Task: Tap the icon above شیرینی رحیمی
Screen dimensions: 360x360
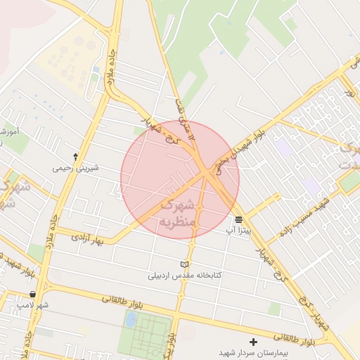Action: pos(75,156)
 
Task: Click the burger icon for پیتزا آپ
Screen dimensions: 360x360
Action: pos(240,219)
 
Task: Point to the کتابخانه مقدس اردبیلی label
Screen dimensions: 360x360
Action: pos(184,275)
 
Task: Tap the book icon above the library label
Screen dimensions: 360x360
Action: pos(184,264)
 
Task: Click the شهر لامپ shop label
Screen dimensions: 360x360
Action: pos(33,305)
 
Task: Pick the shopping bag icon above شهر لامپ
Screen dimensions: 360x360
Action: pos(33,295)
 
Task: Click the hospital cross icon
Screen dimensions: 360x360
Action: pos(254,342)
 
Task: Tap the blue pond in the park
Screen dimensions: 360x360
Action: pos(131,320)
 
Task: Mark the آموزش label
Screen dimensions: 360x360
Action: pos(8,131)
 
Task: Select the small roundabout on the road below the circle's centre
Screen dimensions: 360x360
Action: pos(200,208)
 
